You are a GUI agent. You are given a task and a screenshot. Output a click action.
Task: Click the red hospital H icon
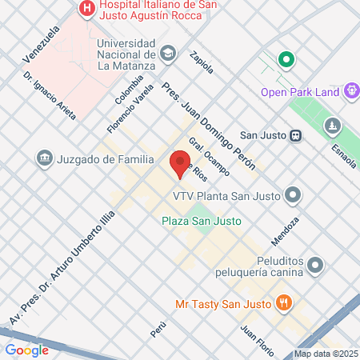87,8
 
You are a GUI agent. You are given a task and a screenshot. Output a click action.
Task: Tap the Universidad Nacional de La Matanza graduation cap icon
167,54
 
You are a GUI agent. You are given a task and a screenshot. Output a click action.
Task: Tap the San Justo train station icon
295,135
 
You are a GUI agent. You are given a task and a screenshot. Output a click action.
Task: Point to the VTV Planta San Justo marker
294,194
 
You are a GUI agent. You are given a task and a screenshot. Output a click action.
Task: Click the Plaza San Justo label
201,221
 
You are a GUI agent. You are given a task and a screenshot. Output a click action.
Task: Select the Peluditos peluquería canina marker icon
317,264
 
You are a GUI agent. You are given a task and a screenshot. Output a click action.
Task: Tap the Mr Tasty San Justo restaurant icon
282,303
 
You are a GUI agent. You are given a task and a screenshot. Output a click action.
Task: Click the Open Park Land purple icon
350,91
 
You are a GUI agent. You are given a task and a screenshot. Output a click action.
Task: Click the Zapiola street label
202,62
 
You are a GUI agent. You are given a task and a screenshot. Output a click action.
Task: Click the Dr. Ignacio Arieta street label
50,96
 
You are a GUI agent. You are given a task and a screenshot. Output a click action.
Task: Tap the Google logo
26,350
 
